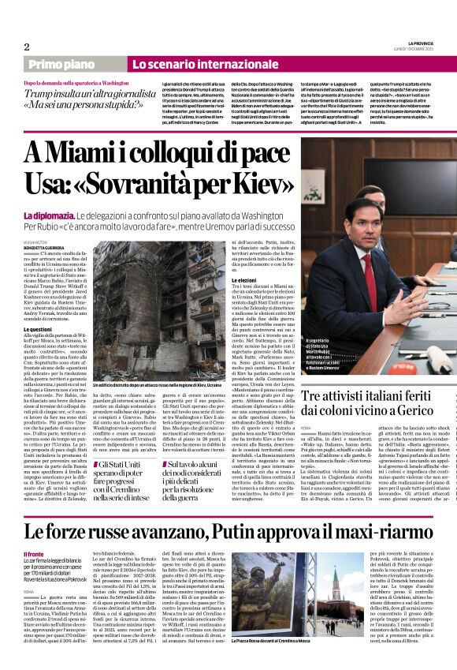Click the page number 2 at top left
[26, 47]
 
